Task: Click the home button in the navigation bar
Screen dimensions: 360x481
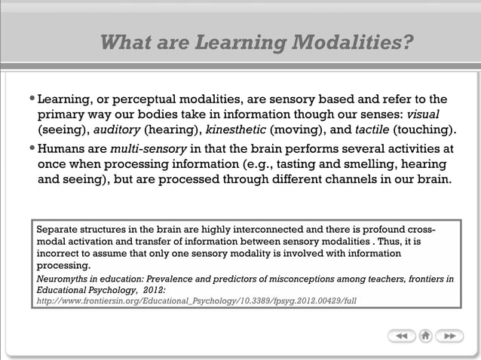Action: click(x=425, y=336)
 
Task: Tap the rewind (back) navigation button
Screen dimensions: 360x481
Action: click(x=402, y=336)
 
